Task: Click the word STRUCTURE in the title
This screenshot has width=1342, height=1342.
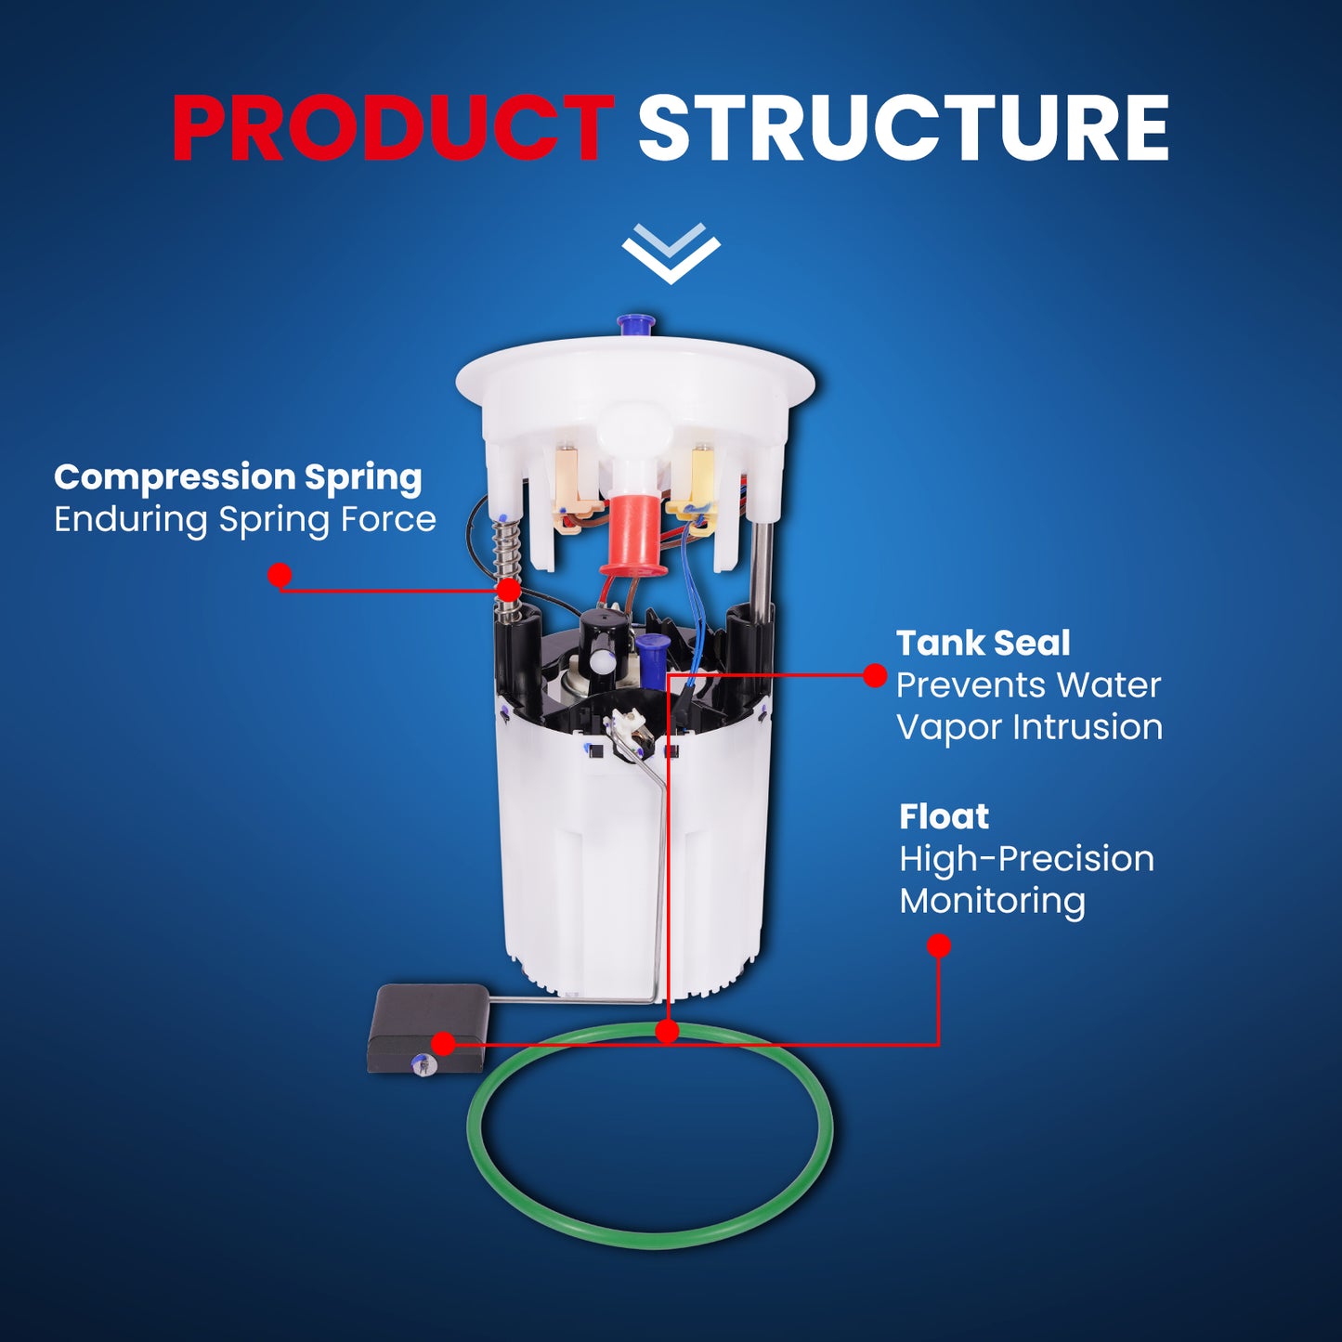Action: [x=904, y=128]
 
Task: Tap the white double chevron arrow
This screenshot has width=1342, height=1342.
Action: [x=671, y=253]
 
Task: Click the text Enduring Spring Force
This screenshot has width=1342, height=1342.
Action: [x=245, y=520]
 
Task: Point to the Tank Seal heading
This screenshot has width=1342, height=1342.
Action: [x=983, y=644]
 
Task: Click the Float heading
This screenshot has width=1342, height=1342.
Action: [x=944, y=817]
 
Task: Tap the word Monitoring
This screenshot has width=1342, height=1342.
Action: [x=993, y=901]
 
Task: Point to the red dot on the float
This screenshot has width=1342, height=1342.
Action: [x=444, y=1044]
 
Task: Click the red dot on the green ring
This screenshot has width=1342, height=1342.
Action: [x=667, y=1031]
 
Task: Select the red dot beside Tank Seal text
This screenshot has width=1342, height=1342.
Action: [x=875, y=675]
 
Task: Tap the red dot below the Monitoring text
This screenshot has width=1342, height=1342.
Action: [x=939, y=945]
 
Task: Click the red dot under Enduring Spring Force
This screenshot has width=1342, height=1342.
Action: [x=280, y=575]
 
